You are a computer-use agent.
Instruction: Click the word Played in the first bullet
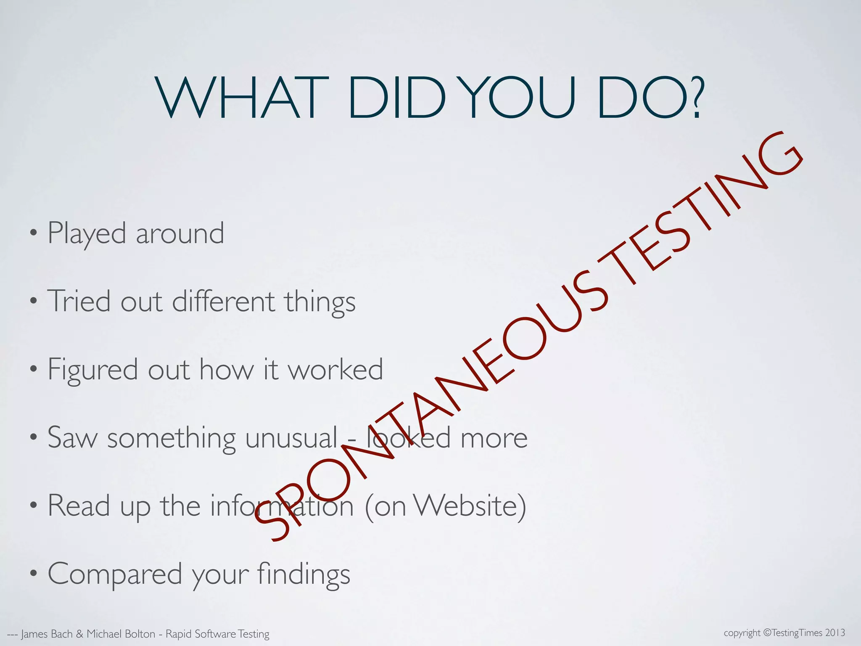click(x=87, y=233)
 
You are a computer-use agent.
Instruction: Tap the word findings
click(x=303, y=575)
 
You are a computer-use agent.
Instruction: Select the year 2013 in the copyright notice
click(x=835, y=633)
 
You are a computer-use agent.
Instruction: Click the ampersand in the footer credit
click(x=80, y=634)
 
